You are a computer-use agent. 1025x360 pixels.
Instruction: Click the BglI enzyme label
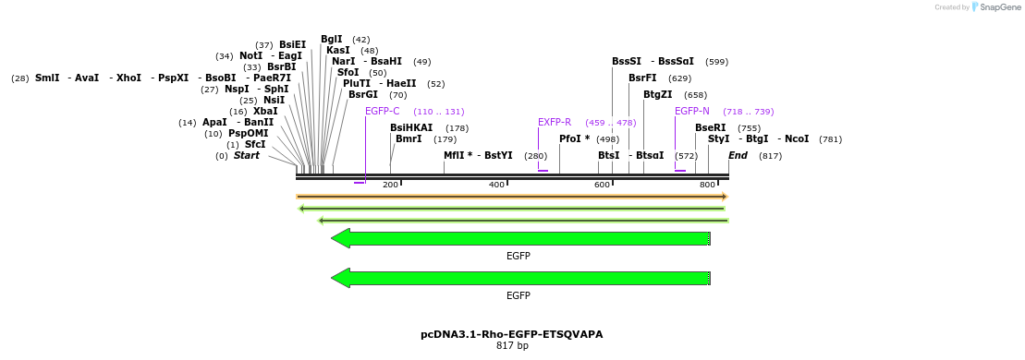point(332,39)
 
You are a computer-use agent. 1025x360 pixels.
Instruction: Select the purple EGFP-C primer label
point(383,111)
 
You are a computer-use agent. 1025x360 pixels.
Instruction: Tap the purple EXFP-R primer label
point(555,122)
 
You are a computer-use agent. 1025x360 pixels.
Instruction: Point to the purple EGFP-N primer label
point(692,111)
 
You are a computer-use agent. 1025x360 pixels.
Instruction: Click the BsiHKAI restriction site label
point(411,127)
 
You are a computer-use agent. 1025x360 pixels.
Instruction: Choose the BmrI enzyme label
point(409,138)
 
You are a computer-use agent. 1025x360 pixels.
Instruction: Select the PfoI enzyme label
point(574,138)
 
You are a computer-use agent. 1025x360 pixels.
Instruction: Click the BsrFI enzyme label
point(642,78)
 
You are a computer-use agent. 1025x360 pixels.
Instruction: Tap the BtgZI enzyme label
point(658,94)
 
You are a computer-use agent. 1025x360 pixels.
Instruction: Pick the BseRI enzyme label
point(711,127)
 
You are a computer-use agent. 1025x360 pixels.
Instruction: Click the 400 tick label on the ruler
point(496,186)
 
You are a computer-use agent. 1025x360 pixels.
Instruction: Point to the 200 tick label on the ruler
point(390,186)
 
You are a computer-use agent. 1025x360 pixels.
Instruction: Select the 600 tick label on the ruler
point(603,186)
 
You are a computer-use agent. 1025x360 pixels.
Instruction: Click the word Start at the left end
point(247,155)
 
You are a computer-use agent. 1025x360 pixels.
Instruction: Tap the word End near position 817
point(738,155)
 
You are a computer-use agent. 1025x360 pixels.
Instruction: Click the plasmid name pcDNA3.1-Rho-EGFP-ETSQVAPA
point(512,334)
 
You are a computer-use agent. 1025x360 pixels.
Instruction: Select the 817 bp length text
point(512,346)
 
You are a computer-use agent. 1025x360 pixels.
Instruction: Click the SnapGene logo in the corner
point(994,7)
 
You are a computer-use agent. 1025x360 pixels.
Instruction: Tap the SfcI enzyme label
point(255,144)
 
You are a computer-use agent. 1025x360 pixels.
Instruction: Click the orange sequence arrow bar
point(512,197)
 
